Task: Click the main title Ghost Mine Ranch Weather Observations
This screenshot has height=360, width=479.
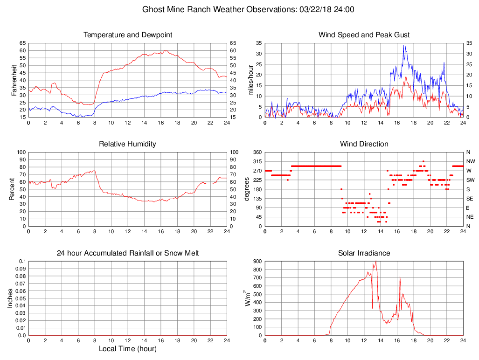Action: coord(248,9)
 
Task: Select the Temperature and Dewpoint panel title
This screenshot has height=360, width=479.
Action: coord(128,35)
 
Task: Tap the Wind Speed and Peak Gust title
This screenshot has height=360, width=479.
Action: coord(364,35)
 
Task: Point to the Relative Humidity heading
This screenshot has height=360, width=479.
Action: coord(128,144)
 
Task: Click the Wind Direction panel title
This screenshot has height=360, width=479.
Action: coord(364,144)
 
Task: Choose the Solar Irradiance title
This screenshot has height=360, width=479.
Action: coord(364,253)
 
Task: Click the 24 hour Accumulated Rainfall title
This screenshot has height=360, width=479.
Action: coord(128,253)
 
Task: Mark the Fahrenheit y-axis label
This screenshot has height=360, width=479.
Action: coord(14,80)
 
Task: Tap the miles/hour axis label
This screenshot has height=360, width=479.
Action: coord(250,80)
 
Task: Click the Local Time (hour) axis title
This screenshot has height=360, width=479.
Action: coord(128,349)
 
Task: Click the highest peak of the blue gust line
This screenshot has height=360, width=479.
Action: coord(404,46)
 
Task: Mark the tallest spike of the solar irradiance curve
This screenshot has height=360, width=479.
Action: coord(376,262)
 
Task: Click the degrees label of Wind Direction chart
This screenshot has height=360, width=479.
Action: coord(248,189)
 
